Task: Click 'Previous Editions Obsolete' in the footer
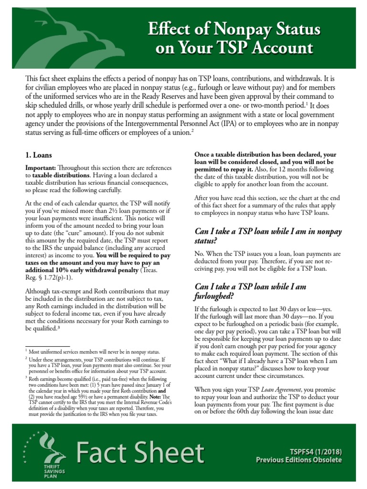click(x=299, y=460)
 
